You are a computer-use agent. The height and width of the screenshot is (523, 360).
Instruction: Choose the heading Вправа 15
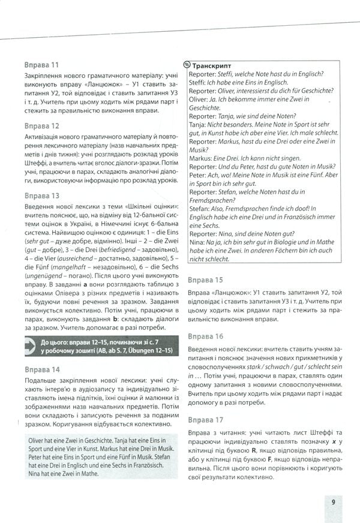[x=205, y=280]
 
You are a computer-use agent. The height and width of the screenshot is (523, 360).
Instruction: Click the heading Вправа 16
[x=205, y=336]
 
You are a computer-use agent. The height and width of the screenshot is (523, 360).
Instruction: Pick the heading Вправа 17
[x=205, y=419]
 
